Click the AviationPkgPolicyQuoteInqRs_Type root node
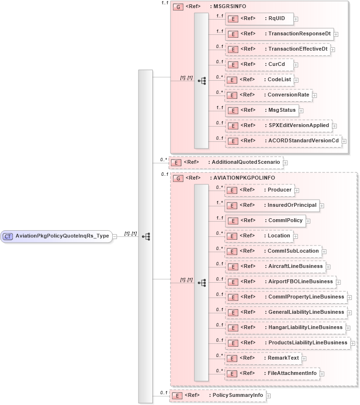coord(56,236)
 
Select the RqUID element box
coord(259,19)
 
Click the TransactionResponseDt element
coord(279,34)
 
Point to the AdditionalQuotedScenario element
coord(226,162)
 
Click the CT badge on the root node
coord(8,236)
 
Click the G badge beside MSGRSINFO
coord(178,7)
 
